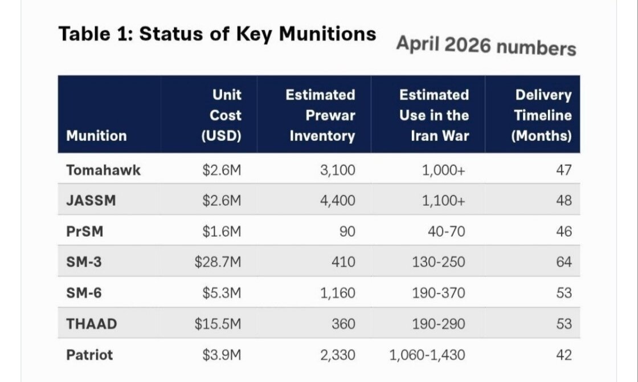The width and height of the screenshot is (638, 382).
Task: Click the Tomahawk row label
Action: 103,170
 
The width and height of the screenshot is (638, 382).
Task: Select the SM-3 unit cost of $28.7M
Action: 218,262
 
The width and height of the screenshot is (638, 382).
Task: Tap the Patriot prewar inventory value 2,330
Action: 338,355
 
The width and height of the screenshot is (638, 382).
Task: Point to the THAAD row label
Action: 92,324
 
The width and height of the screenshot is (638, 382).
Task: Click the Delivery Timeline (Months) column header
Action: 542,115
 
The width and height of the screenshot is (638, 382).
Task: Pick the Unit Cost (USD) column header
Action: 222,115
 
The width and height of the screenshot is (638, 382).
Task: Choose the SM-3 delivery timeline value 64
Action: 564,262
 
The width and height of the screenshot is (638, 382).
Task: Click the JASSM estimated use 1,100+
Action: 443,200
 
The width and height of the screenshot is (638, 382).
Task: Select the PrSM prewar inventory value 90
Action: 347,231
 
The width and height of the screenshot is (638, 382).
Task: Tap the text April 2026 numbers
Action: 486,45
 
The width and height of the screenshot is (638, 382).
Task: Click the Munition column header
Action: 96,136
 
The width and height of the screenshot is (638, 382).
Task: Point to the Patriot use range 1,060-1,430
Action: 427,355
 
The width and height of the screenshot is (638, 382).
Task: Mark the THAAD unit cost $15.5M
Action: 218,324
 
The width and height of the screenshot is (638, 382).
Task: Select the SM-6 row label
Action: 84,293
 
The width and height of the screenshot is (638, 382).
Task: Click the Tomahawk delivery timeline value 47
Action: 564,170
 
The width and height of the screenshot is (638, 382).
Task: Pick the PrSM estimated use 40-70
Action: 447,231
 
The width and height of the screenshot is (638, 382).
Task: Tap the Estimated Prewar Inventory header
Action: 321,115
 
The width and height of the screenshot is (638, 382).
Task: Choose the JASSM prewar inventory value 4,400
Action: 338,200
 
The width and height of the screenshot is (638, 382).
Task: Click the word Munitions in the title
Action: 328,34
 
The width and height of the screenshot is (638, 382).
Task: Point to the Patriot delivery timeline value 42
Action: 564,355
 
